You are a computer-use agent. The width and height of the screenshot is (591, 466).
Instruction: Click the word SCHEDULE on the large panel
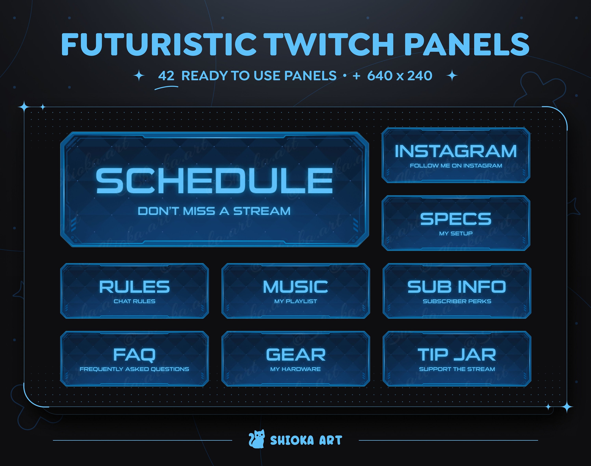(x=214, y=181)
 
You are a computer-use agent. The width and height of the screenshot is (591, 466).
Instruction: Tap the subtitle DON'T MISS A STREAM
(x=214, y=211)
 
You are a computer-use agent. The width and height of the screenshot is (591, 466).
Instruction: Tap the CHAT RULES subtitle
(x=134, y=301)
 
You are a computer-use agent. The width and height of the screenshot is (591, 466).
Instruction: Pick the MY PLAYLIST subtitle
(x=295, y=301)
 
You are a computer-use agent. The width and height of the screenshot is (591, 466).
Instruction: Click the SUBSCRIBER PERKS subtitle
(x=457, y=301)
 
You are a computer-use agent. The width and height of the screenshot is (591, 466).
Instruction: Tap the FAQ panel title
(x=134, y=355)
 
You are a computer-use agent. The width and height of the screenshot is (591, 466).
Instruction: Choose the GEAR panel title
(x=296, y=355)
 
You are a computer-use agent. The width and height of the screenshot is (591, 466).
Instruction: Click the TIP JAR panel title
(x=457, y=355)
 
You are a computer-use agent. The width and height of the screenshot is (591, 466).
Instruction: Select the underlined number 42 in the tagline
(x=166, y=76)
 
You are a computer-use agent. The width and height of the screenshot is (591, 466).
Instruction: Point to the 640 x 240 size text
(x=400, y=76)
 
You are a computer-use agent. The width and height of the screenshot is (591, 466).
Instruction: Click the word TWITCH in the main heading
(x=330, y=44)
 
